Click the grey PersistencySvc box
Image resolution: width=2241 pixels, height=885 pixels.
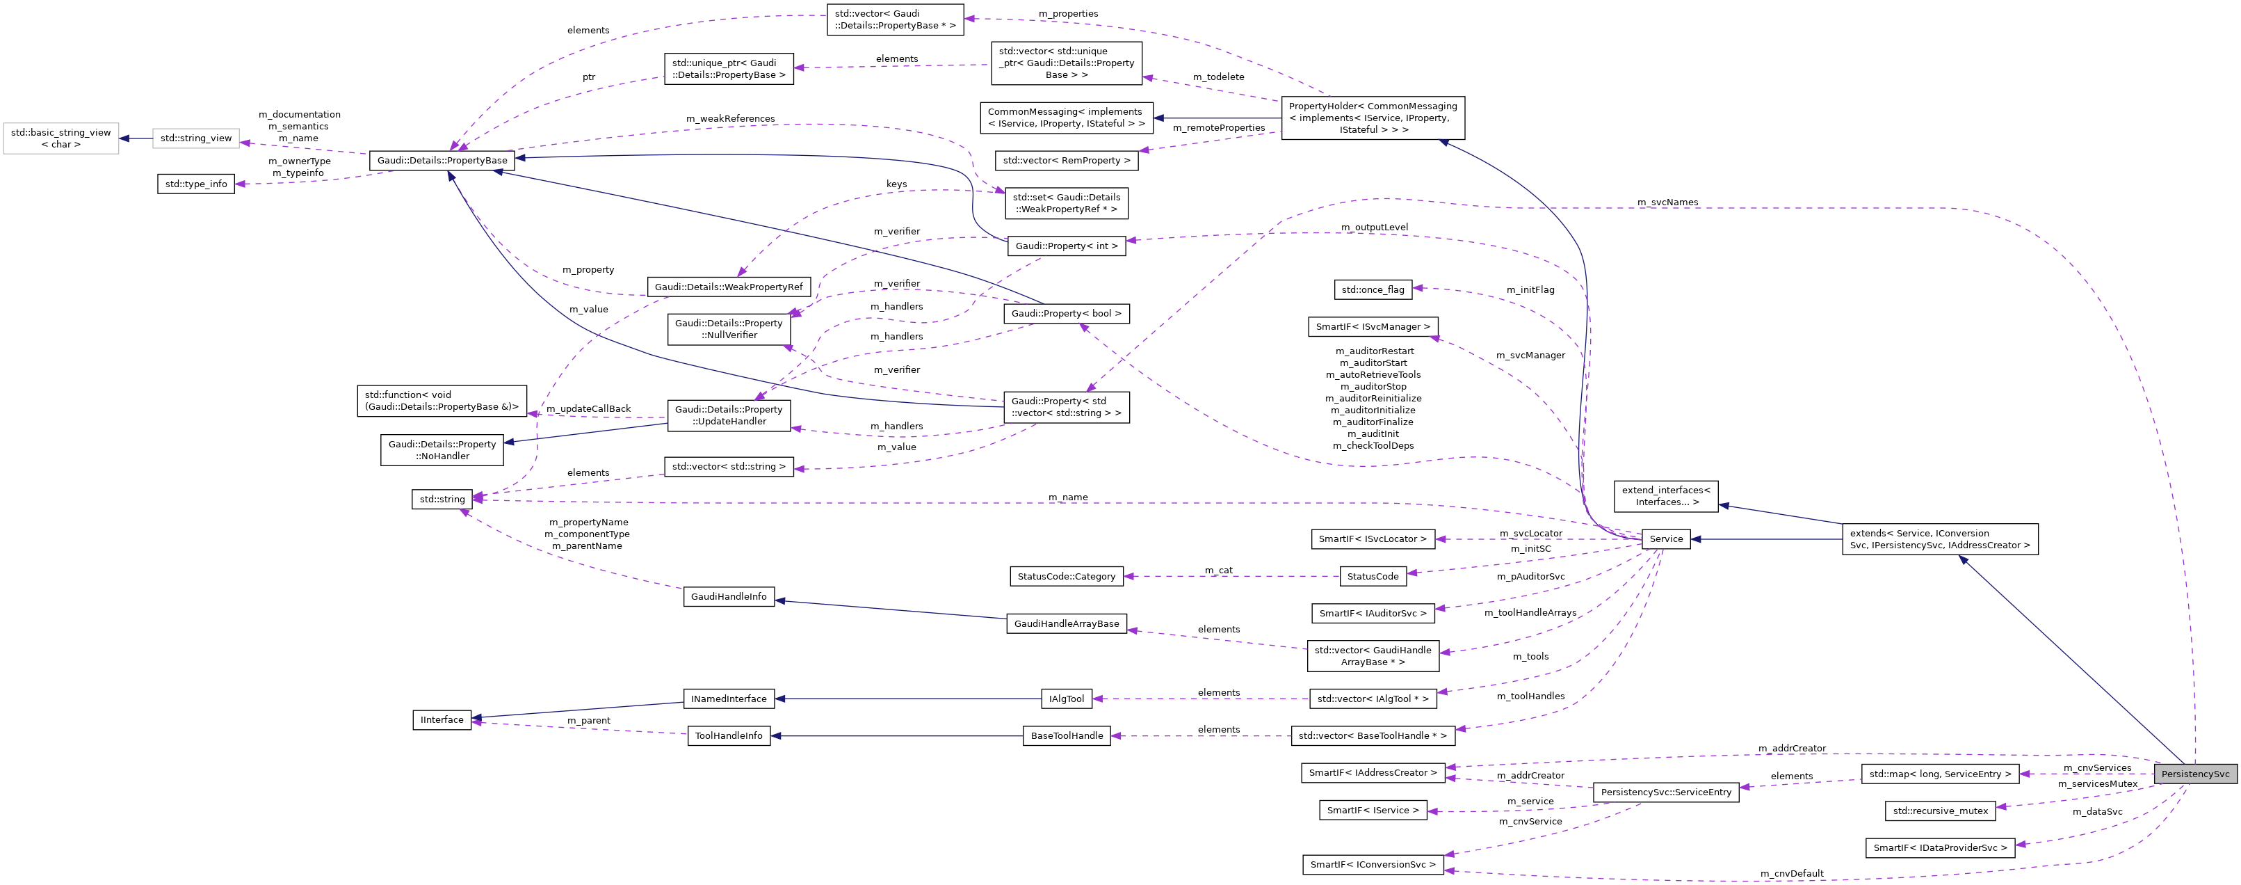pos(2195,774)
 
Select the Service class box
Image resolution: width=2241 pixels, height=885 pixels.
pos(1665,539)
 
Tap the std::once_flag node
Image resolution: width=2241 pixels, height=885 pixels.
pos(1372,289)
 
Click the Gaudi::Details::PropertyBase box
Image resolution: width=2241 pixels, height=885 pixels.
pos(442,160)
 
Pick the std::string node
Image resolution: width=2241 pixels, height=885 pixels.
pos(442,499)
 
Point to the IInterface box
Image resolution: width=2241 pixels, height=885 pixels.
pos(442,719)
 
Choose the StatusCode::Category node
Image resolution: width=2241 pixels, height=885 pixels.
pos(1066,576)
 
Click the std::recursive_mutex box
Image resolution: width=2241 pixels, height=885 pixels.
pos(1940,810)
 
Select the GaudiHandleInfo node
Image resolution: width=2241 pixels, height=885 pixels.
pos(728,596)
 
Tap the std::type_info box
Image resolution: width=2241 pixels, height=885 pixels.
pos(196,184)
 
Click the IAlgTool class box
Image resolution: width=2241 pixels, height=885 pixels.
pos(1066,699)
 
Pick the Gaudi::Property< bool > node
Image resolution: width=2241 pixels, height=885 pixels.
pos(1066,313)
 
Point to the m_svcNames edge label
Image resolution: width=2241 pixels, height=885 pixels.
pos(1667,202)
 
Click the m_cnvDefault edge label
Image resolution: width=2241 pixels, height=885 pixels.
pos(1791,872)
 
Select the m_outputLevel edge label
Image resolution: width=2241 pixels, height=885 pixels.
pos(1374,227)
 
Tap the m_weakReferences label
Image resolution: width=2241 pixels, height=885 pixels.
pos(730,118)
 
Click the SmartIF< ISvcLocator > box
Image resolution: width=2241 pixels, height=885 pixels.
pos(1372,539)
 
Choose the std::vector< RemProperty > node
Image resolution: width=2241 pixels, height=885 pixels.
pos(1066,160)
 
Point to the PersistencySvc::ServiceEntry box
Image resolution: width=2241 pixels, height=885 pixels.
pos(1665,792)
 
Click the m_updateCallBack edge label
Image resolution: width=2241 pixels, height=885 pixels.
pos(588,408)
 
